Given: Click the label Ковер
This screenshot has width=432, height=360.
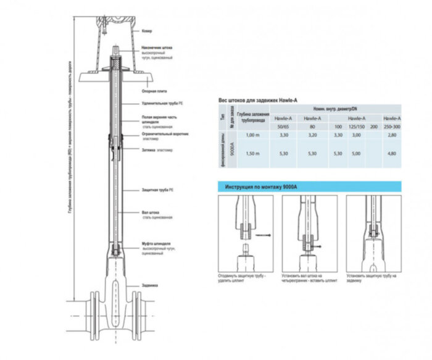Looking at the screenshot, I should pyautogui.click(x=145, y=30).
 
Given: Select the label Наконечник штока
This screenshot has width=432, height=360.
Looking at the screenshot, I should pyautogui.click(x=157, y=47).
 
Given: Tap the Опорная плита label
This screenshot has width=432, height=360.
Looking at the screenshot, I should pyautogui.click(x=152, y=91).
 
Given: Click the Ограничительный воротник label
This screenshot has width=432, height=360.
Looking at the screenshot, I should pyautogui.click(x=164, y=133).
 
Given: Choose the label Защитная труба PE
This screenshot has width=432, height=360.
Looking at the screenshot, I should pyautogui.click(x=156, y=188).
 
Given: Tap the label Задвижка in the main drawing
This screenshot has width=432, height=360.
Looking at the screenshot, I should pyautogui.click(x=149, y=285).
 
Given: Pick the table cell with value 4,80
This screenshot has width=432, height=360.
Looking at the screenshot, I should pyautogui.click(x=390, y=153).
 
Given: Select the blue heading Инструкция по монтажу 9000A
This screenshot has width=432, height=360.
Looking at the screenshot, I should pyautogui.click(x=263, y=186).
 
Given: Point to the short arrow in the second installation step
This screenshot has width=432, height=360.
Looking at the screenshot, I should pyautogui.click(x=315, y=246).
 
